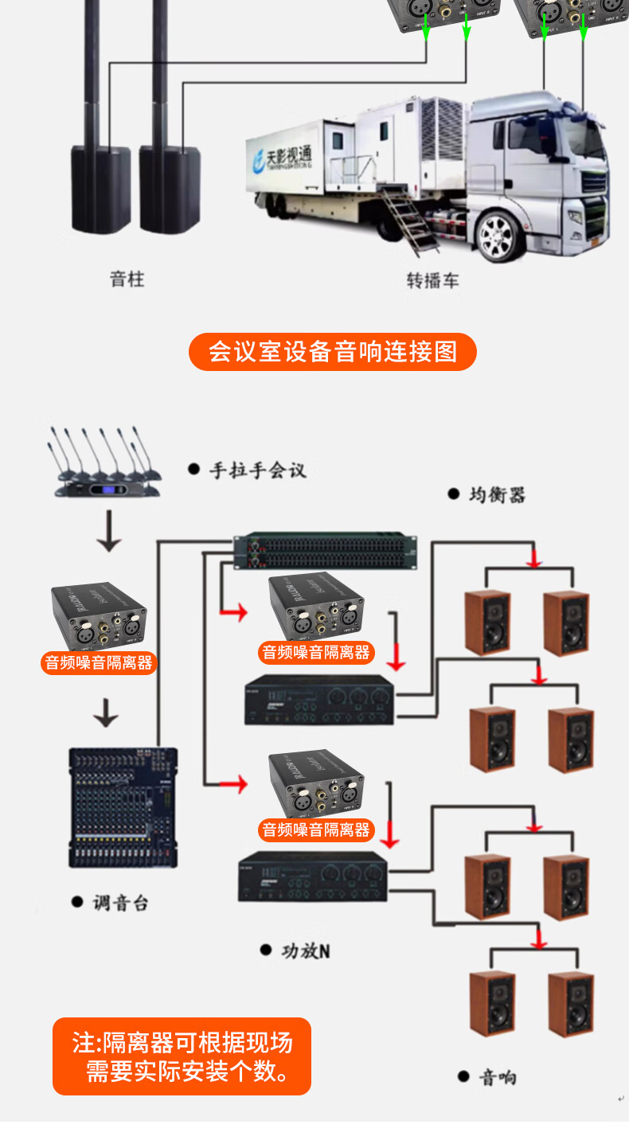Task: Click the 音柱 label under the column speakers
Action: tap(127, 279)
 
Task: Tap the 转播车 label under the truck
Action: tap(432, 280)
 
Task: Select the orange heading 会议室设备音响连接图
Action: tap(333, 352)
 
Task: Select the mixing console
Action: tap(123, 808)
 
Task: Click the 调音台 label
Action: tap(119, 903)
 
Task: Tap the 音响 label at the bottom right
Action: tap(497, 1077)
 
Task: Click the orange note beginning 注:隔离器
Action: tap(182, 1056)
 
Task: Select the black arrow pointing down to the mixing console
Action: tap(106, 712)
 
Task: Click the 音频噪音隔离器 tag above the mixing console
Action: tap(99, 662)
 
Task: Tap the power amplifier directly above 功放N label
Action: tap(312, 877)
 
